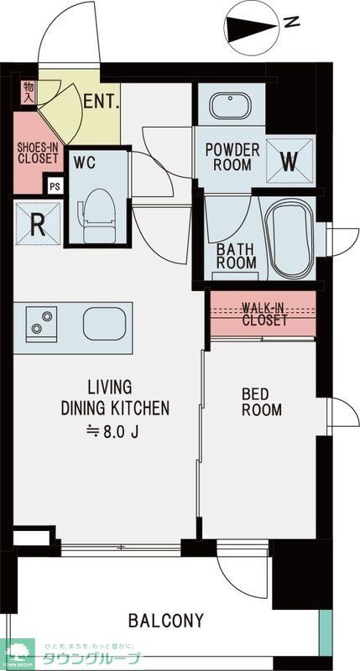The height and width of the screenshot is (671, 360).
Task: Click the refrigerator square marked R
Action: [x=37, y=223]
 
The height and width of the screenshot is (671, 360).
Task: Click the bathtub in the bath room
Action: [x=289, y=237]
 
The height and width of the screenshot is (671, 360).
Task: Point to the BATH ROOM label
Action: [x=237, y=255]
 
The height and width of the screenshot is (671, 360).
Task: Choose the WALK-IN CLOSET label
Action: [x=264, y=313]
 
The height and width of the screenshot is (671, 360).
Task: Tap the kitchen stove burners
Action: [x=39, y=321]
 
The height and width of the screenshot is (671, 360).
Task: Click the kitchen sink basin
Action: [x=103, y=321]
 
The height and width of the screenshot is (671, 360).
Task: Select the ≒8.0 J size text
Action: [x=108, y=431]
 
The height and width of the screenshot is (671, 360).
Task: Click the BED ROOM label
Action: [x=262, y=402]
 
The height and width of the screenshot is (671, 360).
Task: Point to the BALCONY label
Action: [x=165, y=621]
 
